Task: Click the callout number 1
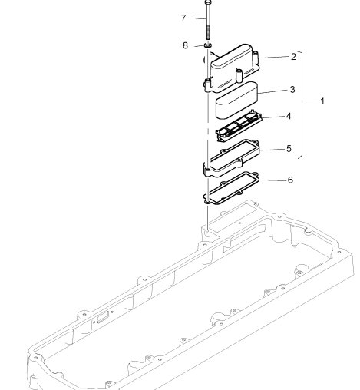(322, 101)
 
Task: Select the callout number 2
(293, 57)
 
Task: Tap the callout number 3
(292, 90)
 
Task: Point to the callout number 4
(289, 116)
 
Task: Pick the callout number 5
(289, 149)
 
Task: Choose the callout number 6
(290, 180)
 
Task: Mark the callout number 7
(183, 18)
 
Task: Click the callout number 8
(185, 45)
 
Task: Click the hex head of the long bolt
(208, 2)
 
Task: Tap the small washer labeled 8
(208, 45)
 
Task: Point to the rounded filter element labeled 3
(236, 101)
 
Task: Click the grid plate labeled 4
(239, 125)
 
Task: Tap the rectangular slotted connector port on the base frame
(103, 317)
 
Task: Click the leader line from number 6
(272, 180)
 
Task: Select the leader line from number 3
(272, 91)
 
